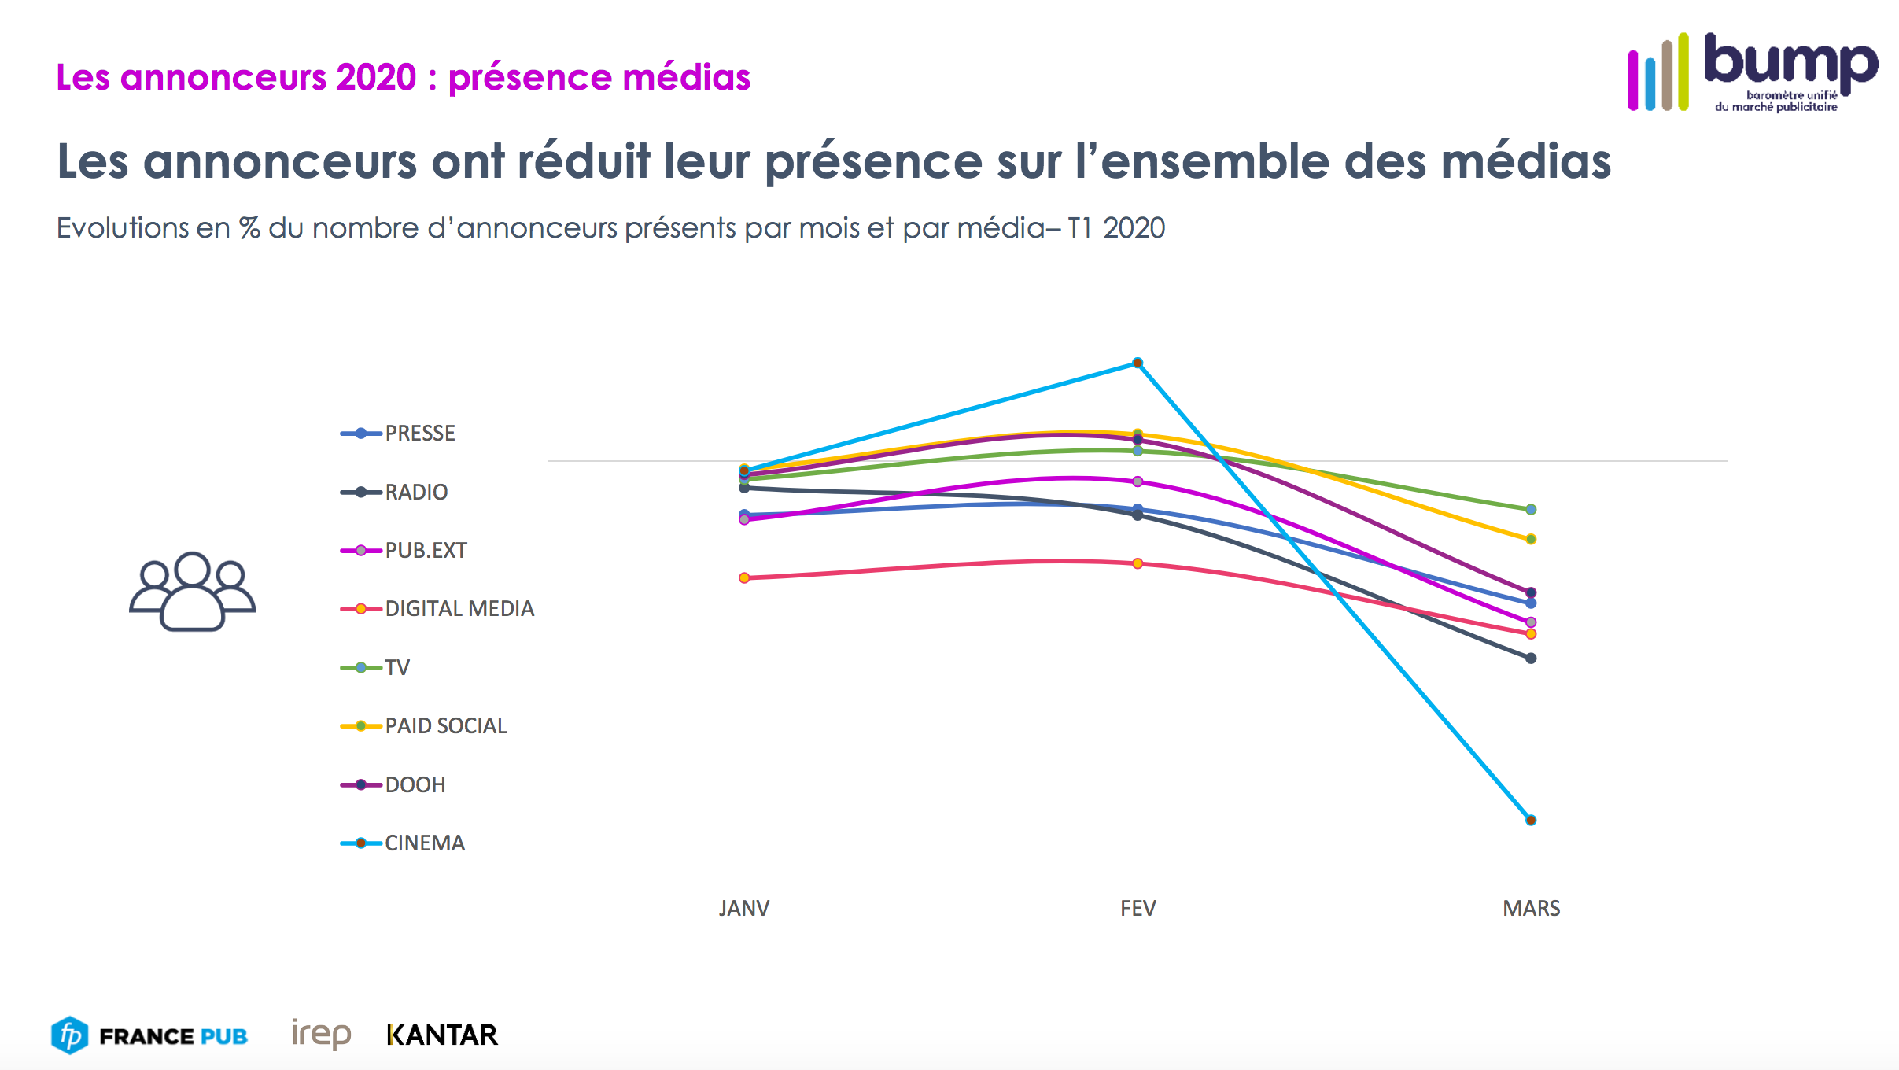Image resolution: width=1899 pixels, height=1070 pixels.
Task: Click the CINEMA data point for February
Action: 1138,363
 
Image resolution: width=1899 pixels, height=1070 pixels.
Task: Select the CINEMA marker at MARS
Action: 1531,820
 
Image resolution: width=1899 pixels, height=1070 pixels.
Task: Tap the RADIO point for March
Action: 1531,659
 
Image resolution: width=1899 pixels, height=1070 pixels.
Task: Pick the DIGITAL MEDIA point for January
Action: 744,577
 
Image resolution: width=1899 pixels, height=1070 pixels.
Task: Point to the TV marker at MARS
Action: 1531,510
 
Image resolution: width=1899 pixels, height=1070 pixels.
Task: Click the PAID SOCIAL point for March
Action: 1531,539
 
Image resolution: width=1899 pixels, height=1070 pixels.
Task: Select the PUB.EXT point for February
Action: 1138,481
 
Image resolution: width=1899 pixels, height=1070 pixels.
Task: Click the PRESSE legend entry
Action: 419,434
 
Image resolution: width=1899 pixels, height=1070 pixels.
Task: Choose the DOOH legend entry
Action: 415,784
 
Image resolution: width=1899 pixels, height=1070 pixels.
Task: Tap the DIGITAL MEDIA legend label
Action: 459,609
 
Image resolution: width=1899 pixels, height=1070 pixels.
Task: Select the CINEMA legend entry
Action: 425,843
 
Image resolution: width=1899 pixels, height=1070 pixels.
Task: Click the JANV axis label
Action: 744,909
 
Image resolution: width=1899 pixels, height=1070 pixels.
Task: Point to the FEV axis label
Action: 1138,909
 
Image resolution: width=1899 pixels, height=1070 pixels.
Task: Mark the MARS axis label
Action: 1531,909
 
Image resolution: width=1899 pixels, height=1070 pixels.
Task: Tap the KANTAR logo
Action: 442,1035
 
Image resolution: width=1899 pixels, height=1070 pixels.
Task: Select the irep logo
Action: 321,1034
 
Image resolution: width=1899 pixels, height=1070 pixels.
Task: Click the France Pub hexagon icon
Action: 70,1035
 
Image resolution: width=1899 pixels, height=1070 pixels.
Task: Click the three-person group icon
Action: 192,592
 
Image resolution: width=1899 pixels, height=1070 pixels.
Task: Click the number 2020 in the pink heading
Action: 375,77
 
